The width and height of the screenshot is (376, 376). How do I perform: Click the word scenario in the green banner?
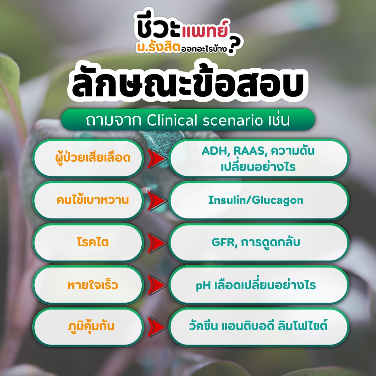(232, 120)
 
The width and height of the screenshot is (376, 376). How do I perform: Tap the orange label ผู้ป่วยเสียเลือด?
(93, 158)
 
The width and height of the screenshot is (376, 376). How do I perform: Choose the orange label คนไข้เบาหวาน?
(93, 200)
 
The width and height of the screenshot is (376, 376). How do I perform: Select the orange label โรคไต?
(93, 242)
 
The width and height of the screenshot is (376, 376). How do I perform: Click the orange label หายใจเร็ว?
(93, 285)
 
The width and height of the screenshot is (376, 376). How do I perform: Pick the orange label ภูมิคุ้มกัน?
(91, 326)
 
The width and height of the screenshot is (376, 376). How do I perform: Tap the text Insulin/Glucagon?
(256, 200)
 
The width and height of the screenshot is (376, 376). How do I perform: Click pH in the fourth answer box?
(203, 285)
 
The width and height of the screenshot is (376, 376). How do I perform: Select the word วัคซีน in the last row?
(203, 326)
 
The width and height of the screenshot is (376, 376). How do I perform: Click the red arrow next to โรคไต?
(157, 243)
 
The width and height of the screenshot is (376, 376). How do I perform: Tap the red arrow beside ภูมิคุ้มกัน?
(157, 327)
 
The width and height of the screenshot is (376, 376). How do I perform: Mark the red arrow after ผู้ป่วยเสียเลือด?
(157, 158)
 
